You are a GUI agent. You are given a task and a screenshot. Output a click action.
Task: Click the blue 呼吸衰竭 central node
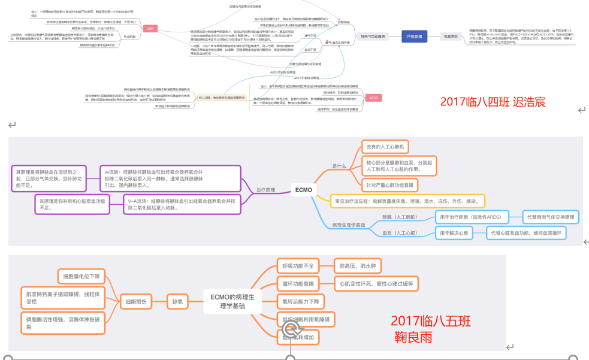414,37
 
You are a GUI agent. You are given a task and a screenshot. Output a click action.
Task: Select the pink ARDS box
373,98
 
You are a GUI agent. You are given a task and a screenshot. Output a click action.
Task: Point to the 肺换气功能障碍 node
373,37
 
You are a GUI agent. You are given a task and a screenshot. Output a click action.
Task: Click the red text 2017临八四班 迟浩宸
493,102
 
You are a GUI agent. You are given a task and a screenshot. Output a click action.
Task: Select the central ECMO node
304,190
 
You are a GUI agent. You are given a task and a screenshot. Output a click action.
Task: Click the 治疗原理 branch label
265,190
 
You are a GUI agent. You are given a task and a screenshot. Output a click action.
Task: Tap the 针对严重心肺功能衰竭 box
390,184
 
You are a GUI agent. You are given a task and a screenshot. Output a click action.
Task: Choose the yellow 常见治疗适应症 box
407,201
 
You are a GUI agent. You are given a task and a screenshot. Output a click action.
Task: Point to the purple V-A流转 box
182,205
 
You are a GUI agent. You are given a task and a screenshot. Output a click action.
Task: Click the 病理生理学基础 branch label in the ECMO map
348,225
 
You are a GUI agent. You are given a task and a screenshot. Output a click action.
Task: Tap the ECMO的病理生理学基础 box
232,301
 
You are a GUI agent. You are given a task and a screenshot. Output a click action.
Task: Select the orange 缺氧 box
177,302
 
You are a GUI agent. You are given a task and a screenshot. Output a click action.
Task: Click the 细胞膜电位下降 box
81,277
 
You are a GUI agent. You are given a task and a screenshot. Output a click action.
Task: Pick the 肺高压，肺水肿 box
357,266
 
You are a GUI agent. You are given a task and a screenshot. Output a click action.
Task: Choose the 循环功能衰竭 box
298,283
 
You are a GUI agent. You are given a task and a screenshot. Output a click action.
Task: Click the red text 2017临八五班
431,322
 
